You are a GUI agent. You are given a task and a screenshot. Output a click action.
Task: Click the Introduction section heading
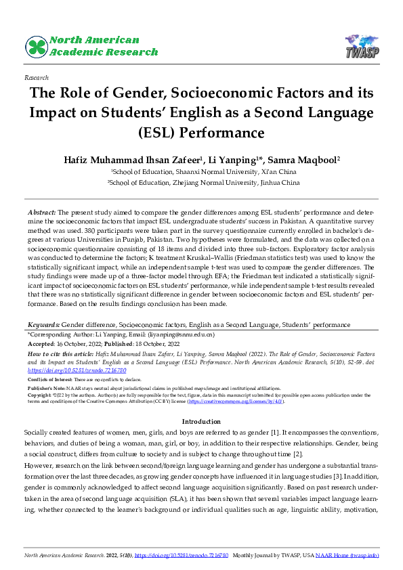point(201,422)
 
